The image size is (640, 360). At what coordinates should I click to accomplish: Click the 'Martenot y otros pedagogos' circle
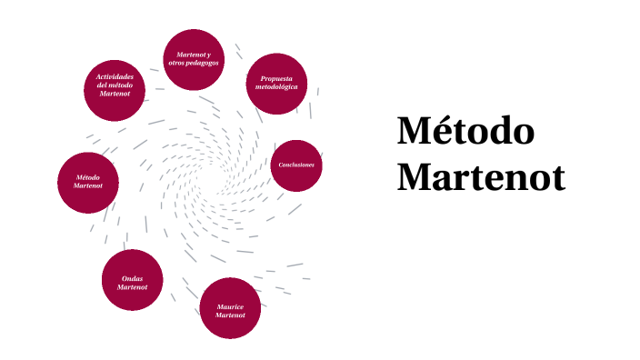tap(193, 59)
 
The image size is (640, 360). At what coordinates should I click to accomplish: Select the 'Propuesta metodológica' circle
tap(276, 84)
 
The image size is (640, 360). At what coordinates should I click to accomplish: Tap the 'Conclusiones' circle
tap(297, 165)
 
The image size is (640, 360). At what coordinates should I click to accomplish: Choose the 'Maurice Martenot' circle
tap(231, 308)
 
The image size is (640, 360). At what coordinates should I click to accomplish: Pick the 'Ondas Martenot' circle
tap(132, 280)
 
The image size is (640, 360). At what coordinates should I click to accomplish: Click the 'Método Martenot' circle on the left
tap(87, 182)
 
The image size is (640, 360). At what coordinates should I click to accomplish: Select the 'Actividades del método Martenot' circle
tap(115, 90)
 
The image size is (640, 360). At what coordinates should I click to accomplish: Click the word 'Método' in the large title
tap(465, 132)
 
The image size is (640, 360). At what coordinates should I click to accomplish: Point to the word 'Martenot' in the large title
tap(481, 176)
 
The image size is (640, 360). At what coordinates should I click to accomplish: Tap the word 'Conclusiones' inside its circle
tap(297, 165)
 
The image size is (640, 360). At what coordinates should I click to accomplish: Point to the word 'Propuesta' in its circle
tap(276, 79)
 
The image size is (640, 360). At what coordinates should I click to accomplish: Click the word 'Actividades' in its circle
tap(115, 76)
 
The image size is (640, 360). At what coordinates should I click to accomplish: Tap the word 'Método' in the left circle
tap(87, 177)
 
